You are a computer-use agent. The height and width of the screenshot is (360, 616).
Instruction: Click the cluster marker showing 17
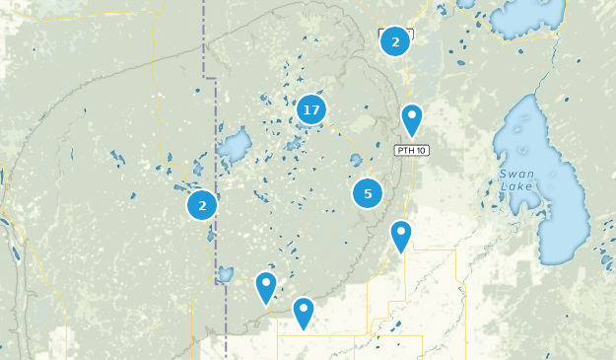pos(311,109)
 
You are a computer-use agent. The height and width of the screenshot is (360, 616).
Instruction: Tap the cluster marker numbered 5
pos(368,193)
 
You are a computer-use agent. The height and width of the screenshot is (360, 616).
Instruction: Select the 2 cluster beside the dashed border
pos(202,205)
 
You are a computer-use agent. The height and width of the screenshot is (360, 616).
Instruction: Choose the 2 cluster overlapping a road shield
pos(395,41)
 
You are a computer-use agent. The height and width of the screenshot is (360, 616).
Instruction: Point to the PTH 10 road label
pos(411,150)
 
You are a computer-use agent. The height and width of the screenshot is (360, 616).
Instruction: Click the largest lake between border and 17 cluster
pos(235,149)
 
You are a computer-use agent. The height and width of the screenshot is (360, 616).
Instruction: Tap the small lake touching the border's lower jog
pos(225,274)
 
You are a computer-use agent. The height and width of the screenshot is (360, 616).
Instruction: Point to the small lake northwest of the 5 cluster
pos(356,160)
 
